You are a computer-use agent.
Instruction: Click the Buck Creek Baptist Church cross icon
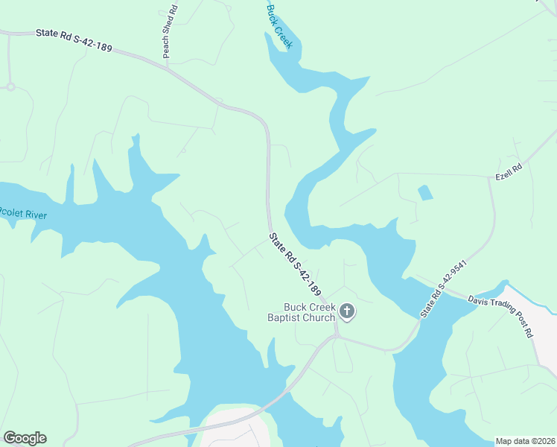[346, 311]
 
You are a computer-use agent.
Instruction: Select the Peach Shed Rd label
[171, 32]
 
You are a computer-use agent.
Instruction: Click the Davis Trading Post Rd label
[501, 316]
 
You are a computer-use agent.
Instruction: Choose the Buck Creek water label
[280, 25]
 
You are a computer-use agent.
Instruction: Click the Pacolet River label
[23, 215]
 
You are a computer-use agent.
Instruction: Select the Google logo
[25, 438]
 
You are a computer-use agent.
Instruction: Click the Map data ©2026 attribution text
[525, 440]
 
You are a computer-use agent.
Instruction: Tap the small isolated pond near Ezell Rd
[425, 193]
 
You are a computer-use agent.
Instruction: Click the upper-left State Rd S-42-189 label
[73, 40]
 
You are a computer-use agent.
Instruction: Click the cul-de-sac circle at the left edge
[10, 86]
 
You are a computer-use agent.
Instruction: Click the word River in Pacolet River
[32, 215]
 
